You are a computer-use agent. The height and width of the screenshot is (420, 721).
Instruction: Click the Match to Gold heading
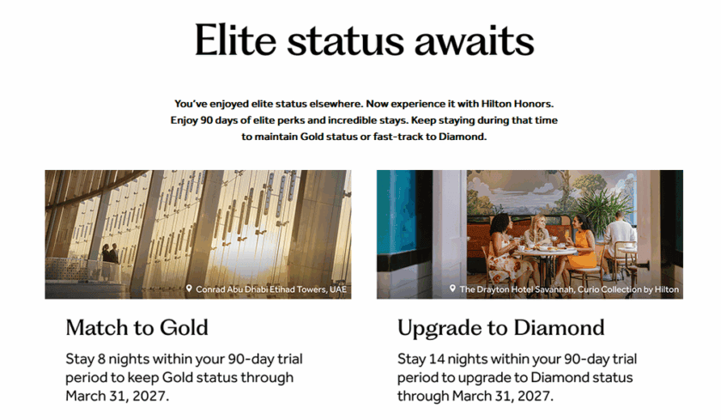[136, 327]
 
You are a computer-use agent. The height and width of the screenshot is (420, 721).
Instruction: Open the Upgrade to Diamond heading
[500, 327]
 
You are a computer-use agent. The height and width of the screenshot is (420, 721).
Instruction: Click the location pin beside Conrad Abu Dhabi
[189, 289]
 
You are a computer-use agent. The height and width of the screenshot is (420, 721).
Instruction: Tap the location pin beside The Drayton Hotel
[452, 289]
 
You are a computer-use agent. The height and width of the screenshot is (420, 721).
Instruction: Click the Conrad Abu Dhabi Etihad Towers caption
[271, 289]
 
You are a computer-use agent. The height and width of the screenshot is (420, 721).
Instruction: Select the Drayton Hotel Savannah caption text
[569, 289]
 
